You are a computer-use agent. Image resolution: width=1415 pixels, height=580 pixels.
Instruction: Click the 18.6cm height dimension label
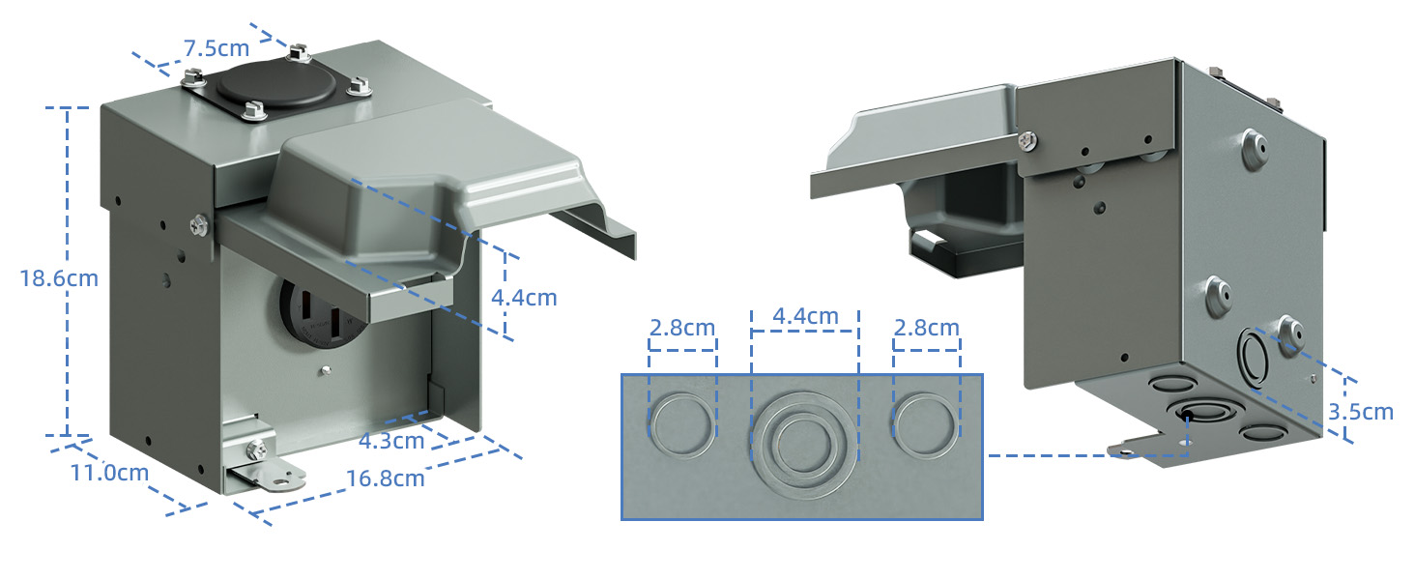coord(59,278)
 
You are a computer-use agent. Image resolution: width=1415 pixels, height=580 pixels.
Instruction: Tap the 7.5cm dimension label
coord(217,47)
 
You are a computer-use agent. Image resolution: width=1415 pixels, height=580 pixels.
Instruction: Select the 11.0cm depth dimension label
coord(109,473)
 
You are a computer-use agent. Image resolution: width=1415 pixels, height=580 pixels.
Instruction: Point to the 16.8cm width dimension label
coord(385,478)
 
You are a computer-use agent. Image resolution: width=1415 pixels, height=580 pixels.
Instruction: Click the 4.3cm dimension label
coord(391,441)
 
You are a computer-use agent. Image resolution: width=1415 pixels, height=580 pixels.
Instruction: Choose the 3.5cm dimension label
coord(1361,412)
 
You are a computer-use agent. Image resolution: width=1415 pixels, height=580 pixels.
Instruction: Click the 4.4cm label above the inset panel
coord(805,316)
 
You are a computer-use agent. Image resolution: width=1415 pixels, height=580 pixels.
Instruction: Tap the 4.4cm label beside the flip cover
coord(524,297)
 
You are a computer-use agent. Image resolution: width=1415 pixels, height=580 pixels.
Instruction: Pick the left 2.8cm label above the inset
coord(682,327)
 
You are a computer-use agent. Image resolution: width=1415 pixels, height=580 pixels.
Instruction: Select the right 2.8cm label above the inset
coord(926,327)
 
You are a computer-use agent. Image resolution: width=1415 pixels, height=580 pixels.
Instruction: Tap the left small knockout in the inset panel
coord(681,425)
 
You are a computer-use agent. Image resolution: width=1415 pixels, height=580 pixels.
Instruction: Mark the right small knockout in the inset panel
coord(926,425)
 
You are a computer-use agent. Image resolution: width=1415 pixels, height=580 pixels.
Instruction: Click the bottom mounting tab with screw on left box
coord(262,466)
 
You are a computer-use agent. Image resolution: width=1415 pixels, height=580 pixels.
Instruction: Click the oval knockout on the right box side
coord(1254,356)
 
